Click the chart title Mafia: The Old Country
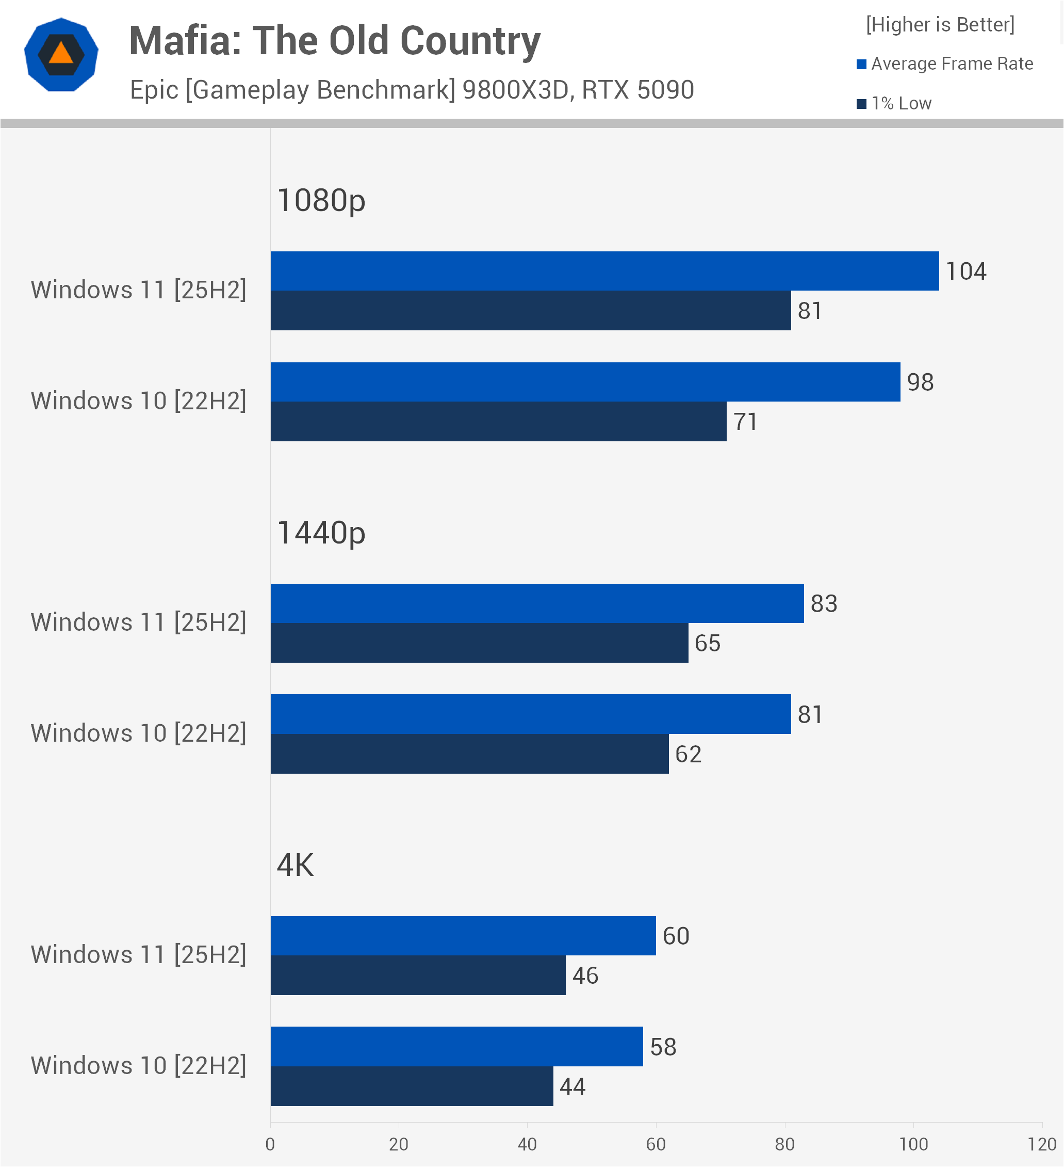334,42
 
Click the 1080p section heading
321,201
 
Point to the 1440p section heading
321,533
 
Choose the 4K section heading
295,866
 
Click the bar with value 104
604,271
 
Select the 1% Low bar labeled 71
498,421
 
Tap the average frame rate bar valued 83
537,604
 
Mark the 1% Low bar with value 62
469,754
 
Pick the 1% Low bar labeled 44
412,1086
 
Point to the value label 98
920,382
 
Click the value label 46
585,976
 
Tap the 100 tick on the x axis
913,1144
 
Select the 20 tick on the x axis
399,1144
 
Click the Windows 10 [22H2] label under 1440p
139,733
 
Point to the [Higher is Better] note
940,25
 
